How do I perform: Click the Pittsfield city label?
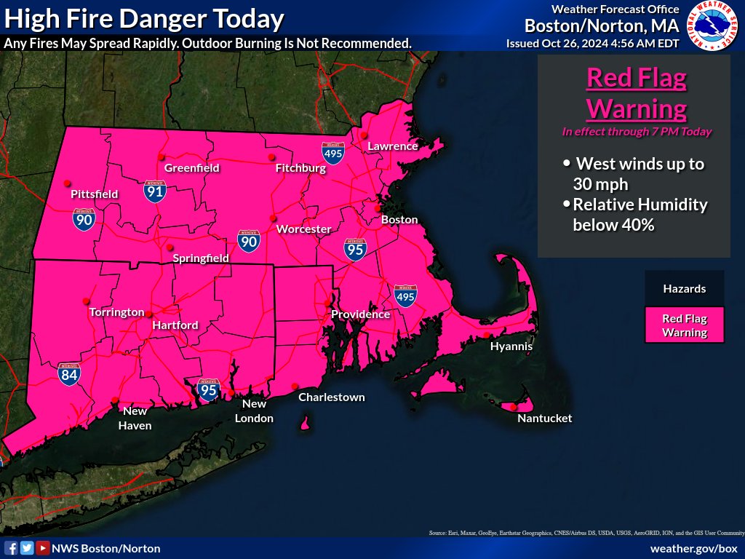pyautogui.click(x=94, y=194)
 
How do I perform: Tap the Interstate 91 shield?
pyautogui.click(x=154, y=191)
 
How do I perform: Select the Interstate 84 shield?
pyautogui.click(x=70, y=374)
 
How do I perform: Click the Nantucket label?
pyautogui.click(x=544, y=419)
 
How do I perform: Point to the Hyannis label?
pyautogui.click(x=511, y=346)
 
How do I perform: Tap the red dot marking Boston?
pyautogui.click(x=378, y=208)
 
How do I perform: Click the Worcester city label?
pyautogui.click(x=303, y=229)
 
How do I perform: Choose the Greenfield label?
pyautogui.click(x=191, y=168)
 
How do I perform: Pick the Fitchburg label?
pyautogui.click(x=300, y=168)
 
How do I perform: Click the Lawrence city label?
pyautogui.click(x=392, y=146)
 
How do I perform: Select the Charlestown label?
pyautogui.click(x=332, y=397)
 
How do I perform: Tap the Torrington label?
pyautogui.click(x=116, y=312)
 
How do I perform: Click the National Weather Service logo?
pyautogui.click(x=714, y=26)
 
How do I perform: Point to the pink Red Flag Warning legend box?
pyautogui.click(x=684, y=325)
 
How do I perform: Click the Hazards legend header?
pyautogui.click(x=684, y=289)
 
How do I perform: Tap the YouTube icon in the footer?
pyautogui.click(x=43, y=548)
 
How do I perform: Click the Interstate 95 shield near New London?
pyautogui.click(x=209, y=389)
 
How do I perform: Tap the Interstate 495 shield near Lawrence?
pyautogui.click(x=332, y=153)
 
